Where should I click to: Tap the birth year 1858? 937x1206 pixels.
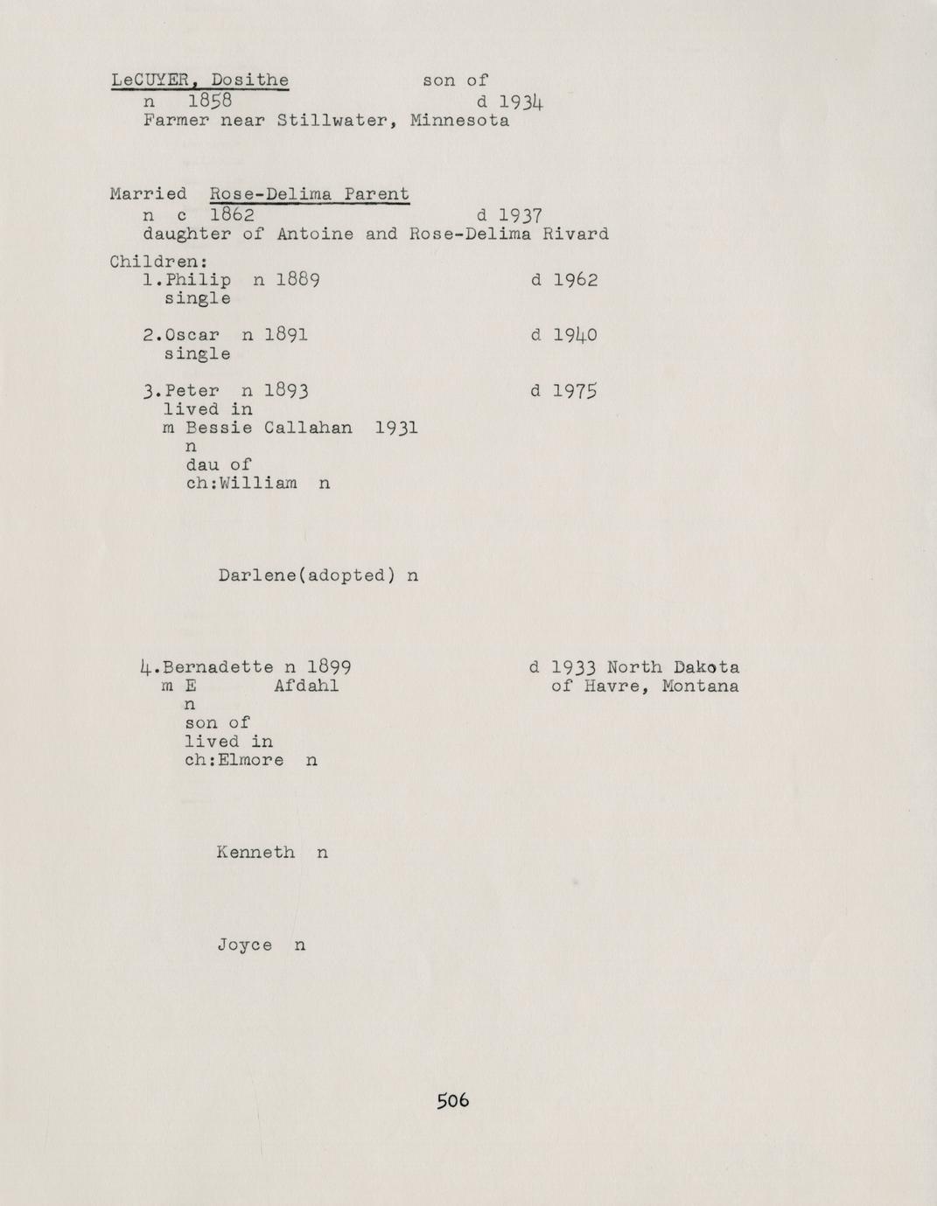coord(214,101)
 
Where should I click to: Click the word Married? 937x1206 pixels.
coord(148,194)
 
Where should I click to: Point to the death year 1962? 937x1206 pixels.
coord(575,281)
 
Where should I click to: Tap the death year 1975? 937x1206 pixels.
coord(575,391)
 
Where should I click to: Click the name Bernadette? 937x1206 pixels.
coord(219,667)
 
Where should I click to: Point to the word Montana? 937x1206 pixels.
coord(700,687)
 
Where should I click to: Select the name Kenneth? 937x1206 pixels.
coord(255,852)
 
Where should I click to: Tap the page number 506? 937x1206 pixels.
coord(453,1100)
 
